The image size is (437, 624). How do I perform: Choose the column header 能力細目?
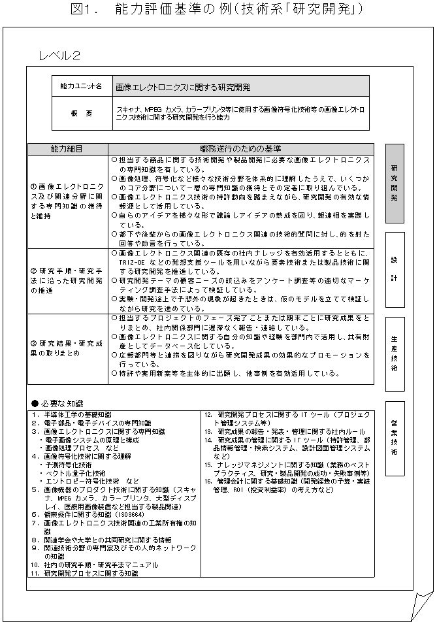pyautogui.click(x=67, y=149)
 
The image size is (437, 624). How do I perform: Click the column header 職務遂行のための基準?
pyautogui.click(x=241, y=149)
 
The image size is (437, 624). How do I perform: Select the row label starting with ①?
pyautogui.click(x=67, y=201)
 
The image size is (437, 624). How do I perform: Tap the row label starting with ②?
pyautogui.click(x=67, y=280)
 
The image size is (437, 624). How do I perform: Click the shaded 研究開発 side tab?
pyautogui.click(x=395, y=184)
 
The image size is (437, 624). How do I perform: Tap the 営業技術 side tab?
pyautogui.click(x=395, y=438)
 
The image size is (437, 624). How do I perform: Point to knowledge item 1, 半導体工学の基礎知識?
pyautogui.click(x=72, y=415)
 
